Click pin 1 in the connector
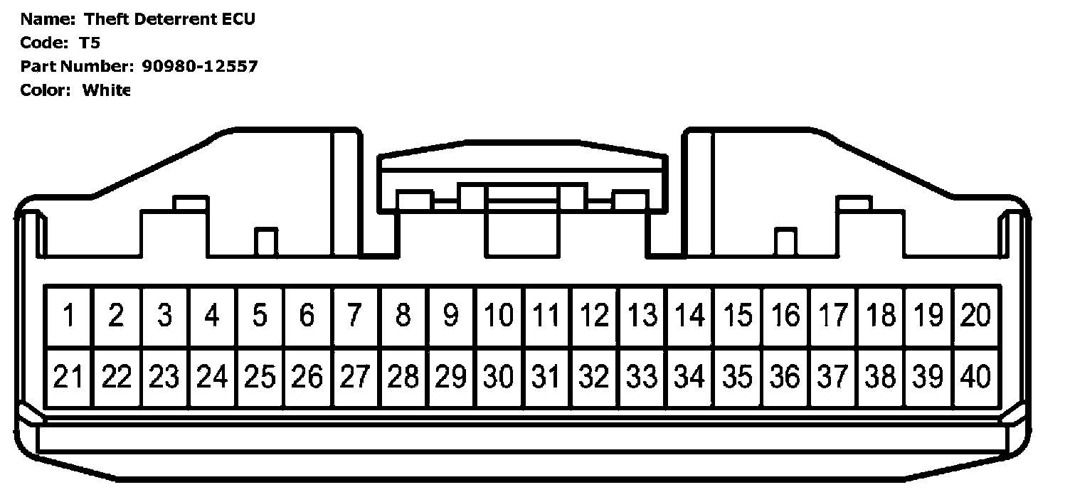click(x=69, y=315)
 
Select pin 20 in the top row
click(x=975, y=315)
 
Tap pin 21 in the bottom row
click(x=69, y=377)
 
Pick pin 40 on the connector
click(x=975, y=377)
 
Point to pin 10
click(x=498, y=315)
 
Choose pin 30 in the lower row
click(x=498, y=377)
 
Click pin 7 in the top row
click(x=355, y=315)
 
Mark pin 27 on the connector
click(x=355, y=377)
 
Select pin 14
click(x=689, y=315)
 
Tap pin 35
click(x=737, y=377)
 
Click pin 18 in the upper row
click(x=880, y=315)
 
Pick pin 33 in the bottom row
click(x=642, y=377)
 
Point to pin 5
click(x=260, y=315)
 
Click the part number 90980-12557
click(x=199, y=66)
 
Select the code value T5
click(x=90, y=43)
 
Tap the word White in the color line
click(x=106, y=90)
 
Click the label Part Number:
click(x=77, y=66)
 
